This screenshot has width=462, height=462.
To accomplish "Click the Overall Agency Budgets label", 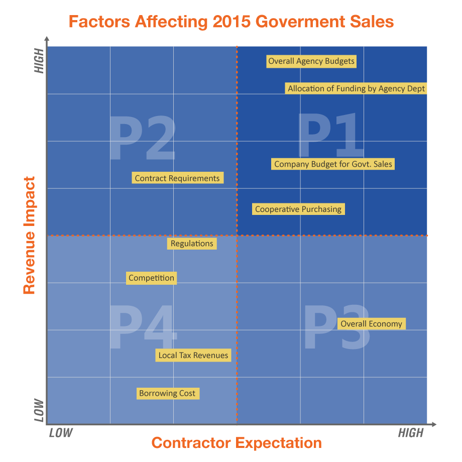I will [311, 62].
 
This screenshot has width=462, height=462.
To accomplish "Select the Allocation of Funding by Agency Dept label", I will [357, 89].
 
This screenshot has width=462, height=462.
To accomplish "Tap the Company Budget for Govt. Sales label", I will [333, 164].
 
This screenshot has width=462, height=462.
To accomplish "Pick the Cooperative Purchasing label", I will [298, 209].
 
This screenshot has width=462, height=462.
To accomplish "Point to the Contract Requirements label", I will [177, 178].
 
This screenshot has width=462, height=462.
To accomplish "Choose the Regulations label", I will [192, 244].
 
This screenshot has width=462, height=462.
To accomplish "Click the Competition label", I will [151, 278].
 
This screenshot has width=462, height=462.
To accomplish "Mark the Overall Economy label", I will [371, 324].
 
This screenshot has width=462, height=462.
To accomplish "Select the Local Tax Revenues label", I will [193, 356].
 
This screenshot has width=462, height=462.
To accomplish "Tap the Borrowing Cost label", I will [167, 394].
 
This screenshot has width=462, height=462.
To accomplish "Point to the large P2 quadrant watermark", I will [142, 138].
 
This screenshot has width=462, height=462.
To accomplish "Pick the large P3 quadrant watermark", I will [337, 327].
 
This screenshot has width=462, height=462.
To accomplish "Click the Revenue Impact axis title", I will [29, 235].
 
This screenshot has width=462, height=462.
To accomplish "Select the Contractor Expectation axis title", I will [237, 443].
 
